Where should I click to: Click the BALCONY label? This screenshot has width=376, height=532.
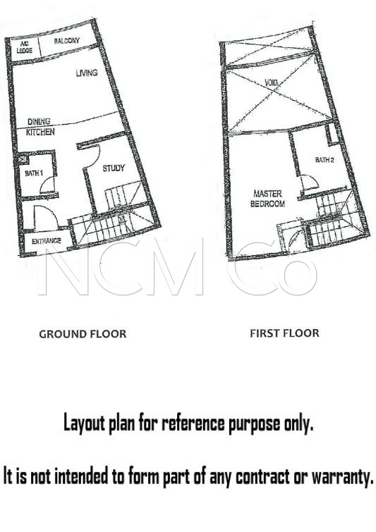click(66, 41)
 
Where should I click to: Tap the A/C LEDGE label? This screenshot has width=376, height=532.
click(24, 47)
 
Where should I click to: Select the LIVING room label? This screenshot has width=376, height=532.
click(87, 73)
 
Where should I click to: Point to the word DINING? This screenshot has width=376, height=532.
click(39, 121)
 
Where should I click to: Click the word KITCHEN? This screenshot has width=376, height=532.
click(40, 132)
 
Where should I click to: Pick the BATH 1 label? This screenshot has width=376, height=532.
click(34, 173)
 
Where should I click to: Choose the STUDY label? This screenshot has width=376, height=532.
click(114, 168)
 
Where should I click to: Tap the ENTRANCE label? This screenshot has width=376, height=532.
click(46, 241)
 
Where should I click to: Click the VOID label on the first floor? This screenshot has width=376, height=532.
click(272, 82)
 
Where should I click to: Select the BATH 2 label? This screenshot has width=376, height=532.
click(325, 159)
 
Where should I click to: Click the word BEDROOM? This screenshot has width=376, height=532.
click(267, 204)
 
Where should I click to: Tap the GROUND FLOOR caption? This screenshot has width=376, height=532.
click(83, 334)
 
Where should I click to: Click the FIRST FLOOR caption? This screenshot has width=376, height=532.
click(284, 333)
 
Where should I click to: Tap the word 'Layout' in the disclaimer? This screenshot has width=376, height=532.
click(84, 423)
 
